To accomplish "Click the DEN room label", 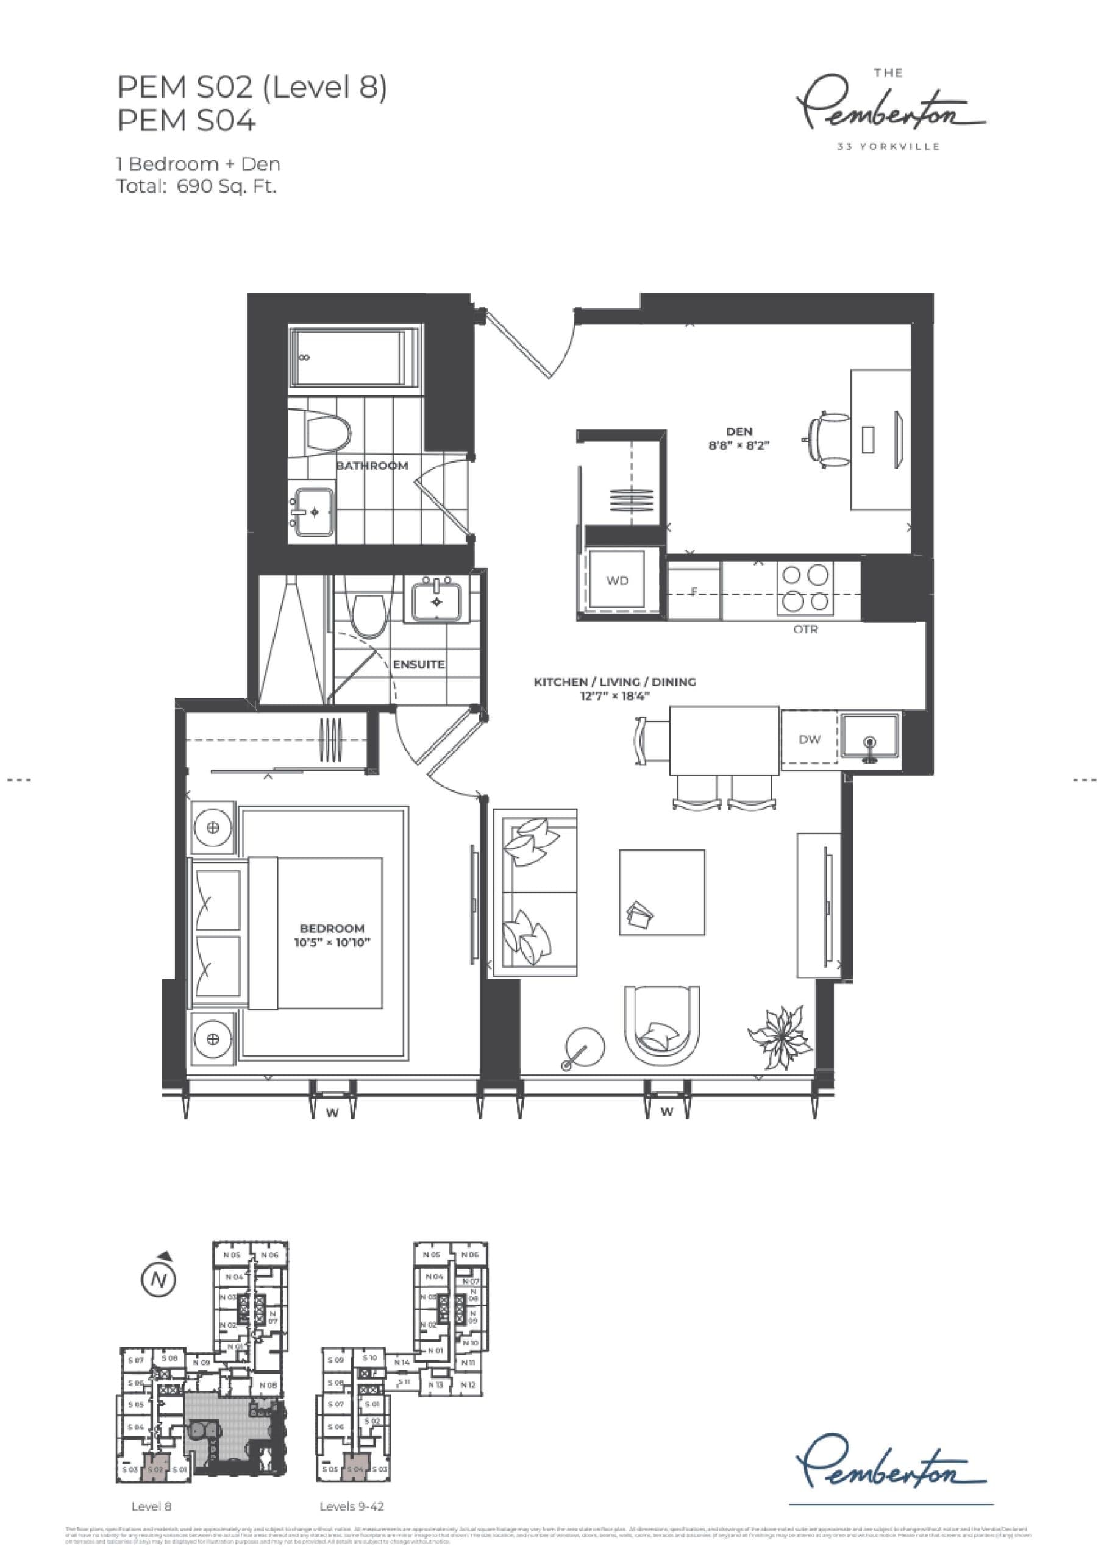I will pos(739,431).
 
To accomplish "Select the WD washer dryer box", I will pos(618,581).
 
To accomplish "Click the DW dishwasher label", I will pos(809,739).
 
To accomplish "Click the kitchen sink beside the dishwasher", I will pos(869,737).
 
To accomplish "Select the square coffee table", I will pos(661,892).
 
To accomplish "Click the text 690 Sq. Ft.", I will pos(226,186).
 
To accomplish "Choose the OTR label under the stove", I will pos(805,629).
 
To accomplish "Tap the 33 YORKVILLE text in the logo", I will pos(888,146).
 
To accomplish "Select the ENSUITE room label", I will pos(419,664).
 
